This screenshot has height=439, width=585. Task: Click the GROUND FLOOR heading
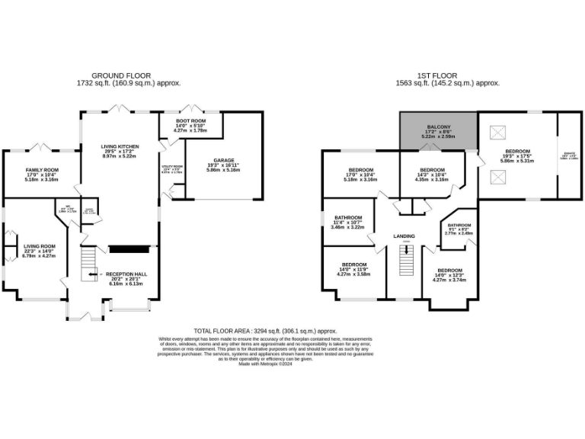[x=113, y=75]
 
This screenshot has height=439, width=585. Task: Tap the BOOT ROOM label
[x=190, y=120]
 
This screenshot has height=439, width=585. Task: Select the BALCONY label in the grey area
[x=438, y=127]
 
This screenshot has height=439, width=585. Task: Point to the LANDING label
[x=404, y=236]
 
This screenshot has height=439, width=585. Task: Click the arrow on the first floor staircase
[x=406, y=250]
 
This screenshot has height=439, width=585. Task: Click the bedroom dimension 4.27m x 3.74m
[x=449, y=280]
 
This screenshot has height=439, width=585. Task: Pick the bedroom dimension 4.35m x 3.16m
[x=432, y=179]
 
